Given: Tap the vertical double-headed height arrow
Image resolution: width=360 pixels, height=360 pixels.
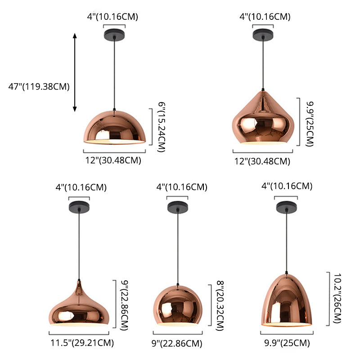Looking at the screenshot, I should (75, 72).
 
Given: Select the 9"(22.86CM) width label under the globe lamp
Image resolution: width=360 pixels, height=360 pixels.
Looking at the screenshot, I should (180, 343).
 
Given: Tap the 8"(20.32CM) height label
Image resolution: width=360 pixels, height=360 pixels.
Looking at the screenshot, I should (220, 306).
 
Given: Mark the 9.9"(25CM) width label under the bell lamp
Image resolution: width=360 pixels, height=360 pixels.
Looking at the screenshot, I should (284, 343).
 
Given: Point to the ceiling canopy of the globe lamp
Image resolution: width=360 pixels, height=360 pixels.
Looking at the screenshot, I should (177, 207).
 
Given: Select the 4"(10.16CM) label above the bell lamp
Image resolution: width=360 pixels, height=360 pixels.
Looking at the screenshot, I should (287, 186).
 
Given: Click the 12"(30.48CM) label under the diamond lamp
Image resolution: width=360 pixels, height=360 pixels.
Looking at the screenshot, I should (262, 161).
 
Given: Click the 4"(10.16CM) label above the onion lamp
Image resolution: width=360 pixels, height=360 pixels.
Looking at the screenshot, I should (81, 187).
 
